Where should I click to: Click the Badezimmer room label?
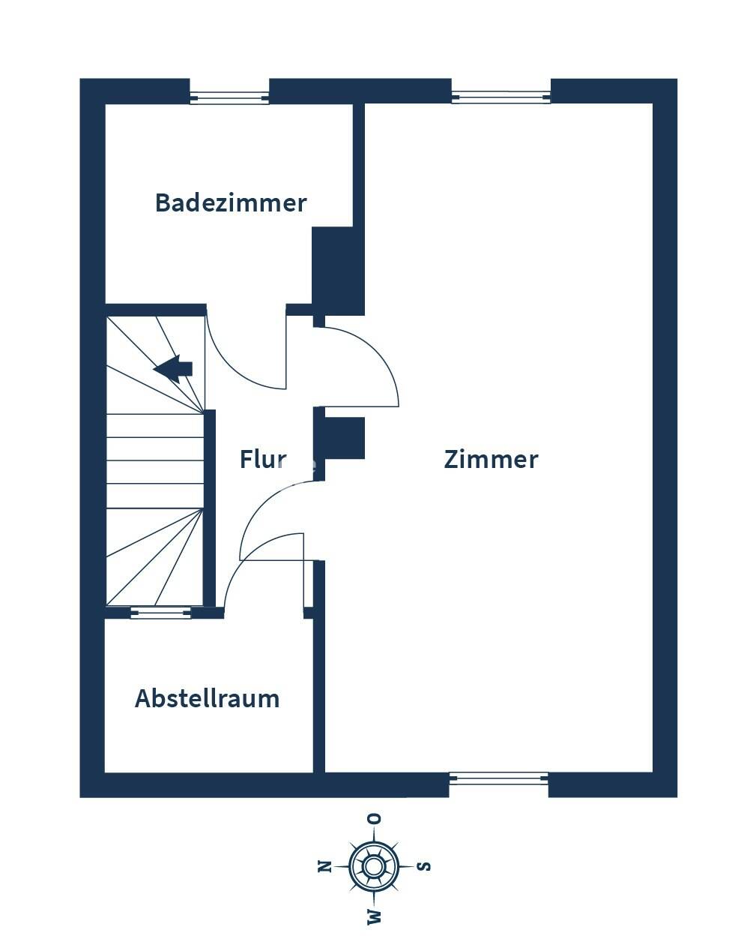tap(231, 203)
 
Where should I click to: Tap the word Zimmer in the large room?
tap(491, 460)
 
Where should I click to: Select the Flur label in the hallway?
tap(263, 459)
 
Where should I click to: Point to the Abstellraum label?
tap(208, 698)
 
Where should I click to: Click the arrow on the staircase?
tap(172, 369)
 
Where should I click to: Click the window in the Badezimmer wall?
tap(229, 97)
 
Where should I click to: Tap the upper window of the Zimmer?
tap(501, 97)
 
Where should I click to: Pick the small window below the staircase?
tap(160, 613)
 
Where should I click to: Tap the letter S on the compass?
tap(423, 866)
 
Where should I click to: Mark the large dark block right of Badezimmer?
tap(338, 271)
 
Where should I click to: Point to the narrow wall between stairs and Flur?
tap(209, 508)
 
